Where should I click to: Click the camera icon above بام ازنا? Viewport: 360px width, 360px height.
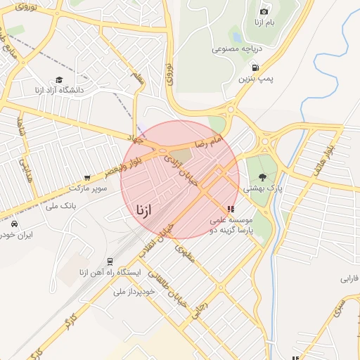pos(264,11)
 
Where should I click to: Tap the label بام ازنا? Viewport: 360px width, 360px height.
pos(268,24)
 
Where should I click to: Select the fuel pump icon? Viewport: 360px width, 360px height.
pos(255,68)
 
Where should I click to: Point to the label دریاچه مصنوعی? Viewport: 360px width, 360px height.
pos(237,49)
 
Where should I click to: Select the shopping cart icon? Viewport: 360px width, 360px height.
pos(87,178)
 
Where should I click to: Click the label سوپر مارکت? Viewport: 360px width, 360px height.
pos(89,188)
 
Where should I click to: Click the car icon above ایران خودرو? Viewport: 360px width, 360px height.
pos(15,224)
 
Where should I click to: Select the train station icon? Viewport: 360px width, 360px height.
pos(109,260)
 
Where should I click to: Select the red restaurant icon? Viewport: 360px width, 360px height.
pos(230,209)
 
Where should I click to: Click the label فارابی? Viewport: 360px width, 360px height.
pos(349,278)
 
